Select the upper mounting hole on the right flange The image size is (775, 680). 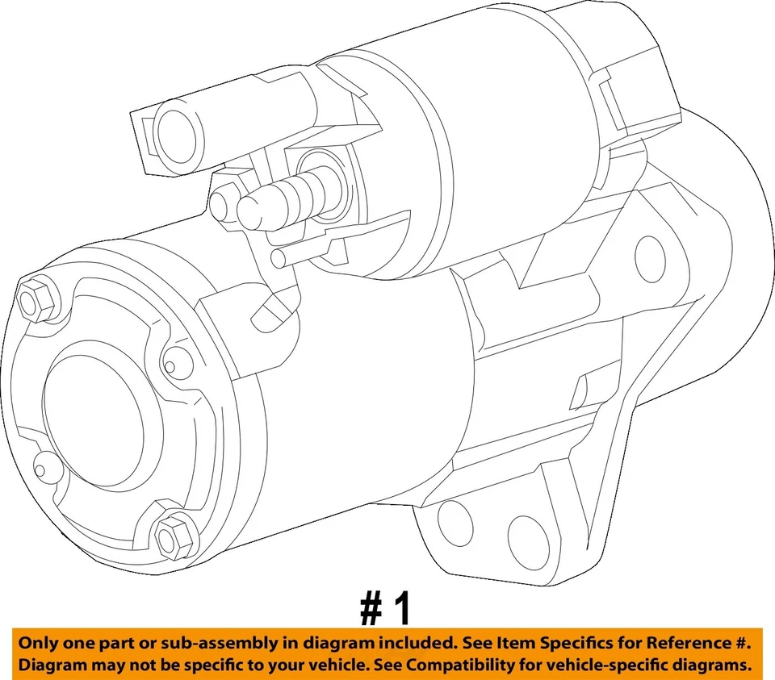pyautogui.click(x=650, y=257)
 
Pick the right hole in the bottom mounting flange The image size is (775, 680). pyautogui.click(x=528, y=538)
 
